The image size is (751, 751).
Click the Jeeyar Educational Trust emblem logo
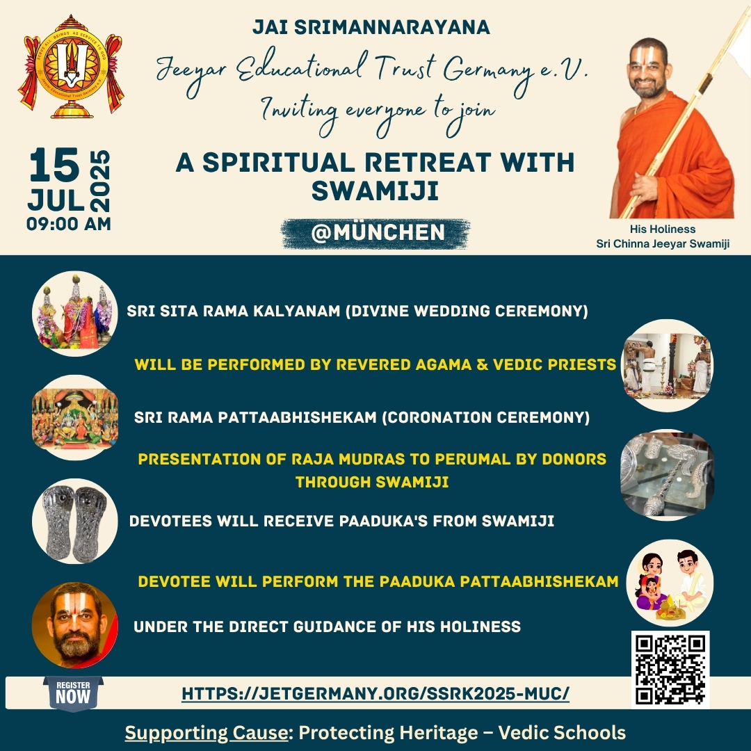(71, 67)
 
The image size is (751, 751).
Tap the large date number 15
(54, 165)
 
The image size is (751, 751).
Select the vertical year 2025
(100, 181)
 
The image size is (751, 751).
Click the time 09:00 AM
(69, 224)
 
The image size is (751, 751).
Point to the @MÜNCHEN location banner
(376, 233)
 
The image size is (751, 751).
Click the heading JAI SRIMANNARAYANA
(371, 27)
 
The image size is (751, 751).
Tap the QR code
(670, 669)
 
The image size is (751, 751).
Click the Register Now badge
(73, 693)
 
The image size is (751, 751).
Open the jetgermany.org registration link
(375, 693)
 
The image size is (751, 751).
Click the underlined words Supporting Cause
(206, 733)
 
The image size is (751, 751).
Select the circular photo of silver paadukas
(74, 521)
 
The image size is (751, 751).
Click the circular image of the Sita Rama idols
(74, 314)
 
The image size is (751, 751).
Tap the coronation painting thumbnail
(74, 418)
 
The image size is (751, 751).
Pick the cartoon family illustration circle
(670, 583)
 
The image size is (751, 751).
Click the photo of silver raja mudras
(667, 475)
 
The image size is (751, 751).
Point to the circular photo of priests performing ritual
(667, 366)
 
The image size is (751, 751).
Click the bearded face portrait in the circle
(74, 625)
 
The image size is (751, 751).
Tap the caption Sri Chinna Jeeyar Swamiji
(663, 244)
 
